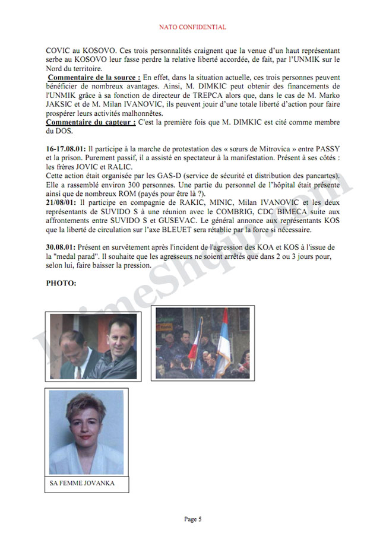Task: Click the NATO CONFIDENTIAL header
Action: (x=193, y=27)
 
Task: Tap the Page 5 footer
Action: (x=193, y=519)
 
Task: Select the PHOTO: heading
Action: (x=62, y=283)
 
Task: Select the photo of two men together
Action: (x=93, y=346)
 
